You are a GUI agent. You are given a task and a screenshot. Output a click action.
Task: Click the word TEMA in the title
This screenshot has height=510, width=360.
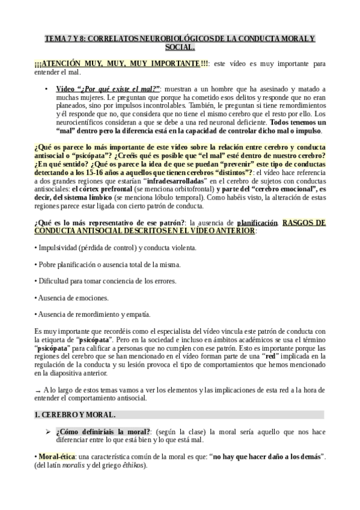[x=56, y=38]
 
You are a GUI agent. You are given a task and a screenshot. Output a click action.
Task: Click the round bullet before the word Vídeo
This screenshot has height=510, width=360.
[x=47, y=89]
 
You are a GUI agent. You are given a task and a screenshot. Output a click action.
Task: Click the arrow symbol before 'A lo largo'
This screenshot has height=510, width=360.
[x=38, y=390]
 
